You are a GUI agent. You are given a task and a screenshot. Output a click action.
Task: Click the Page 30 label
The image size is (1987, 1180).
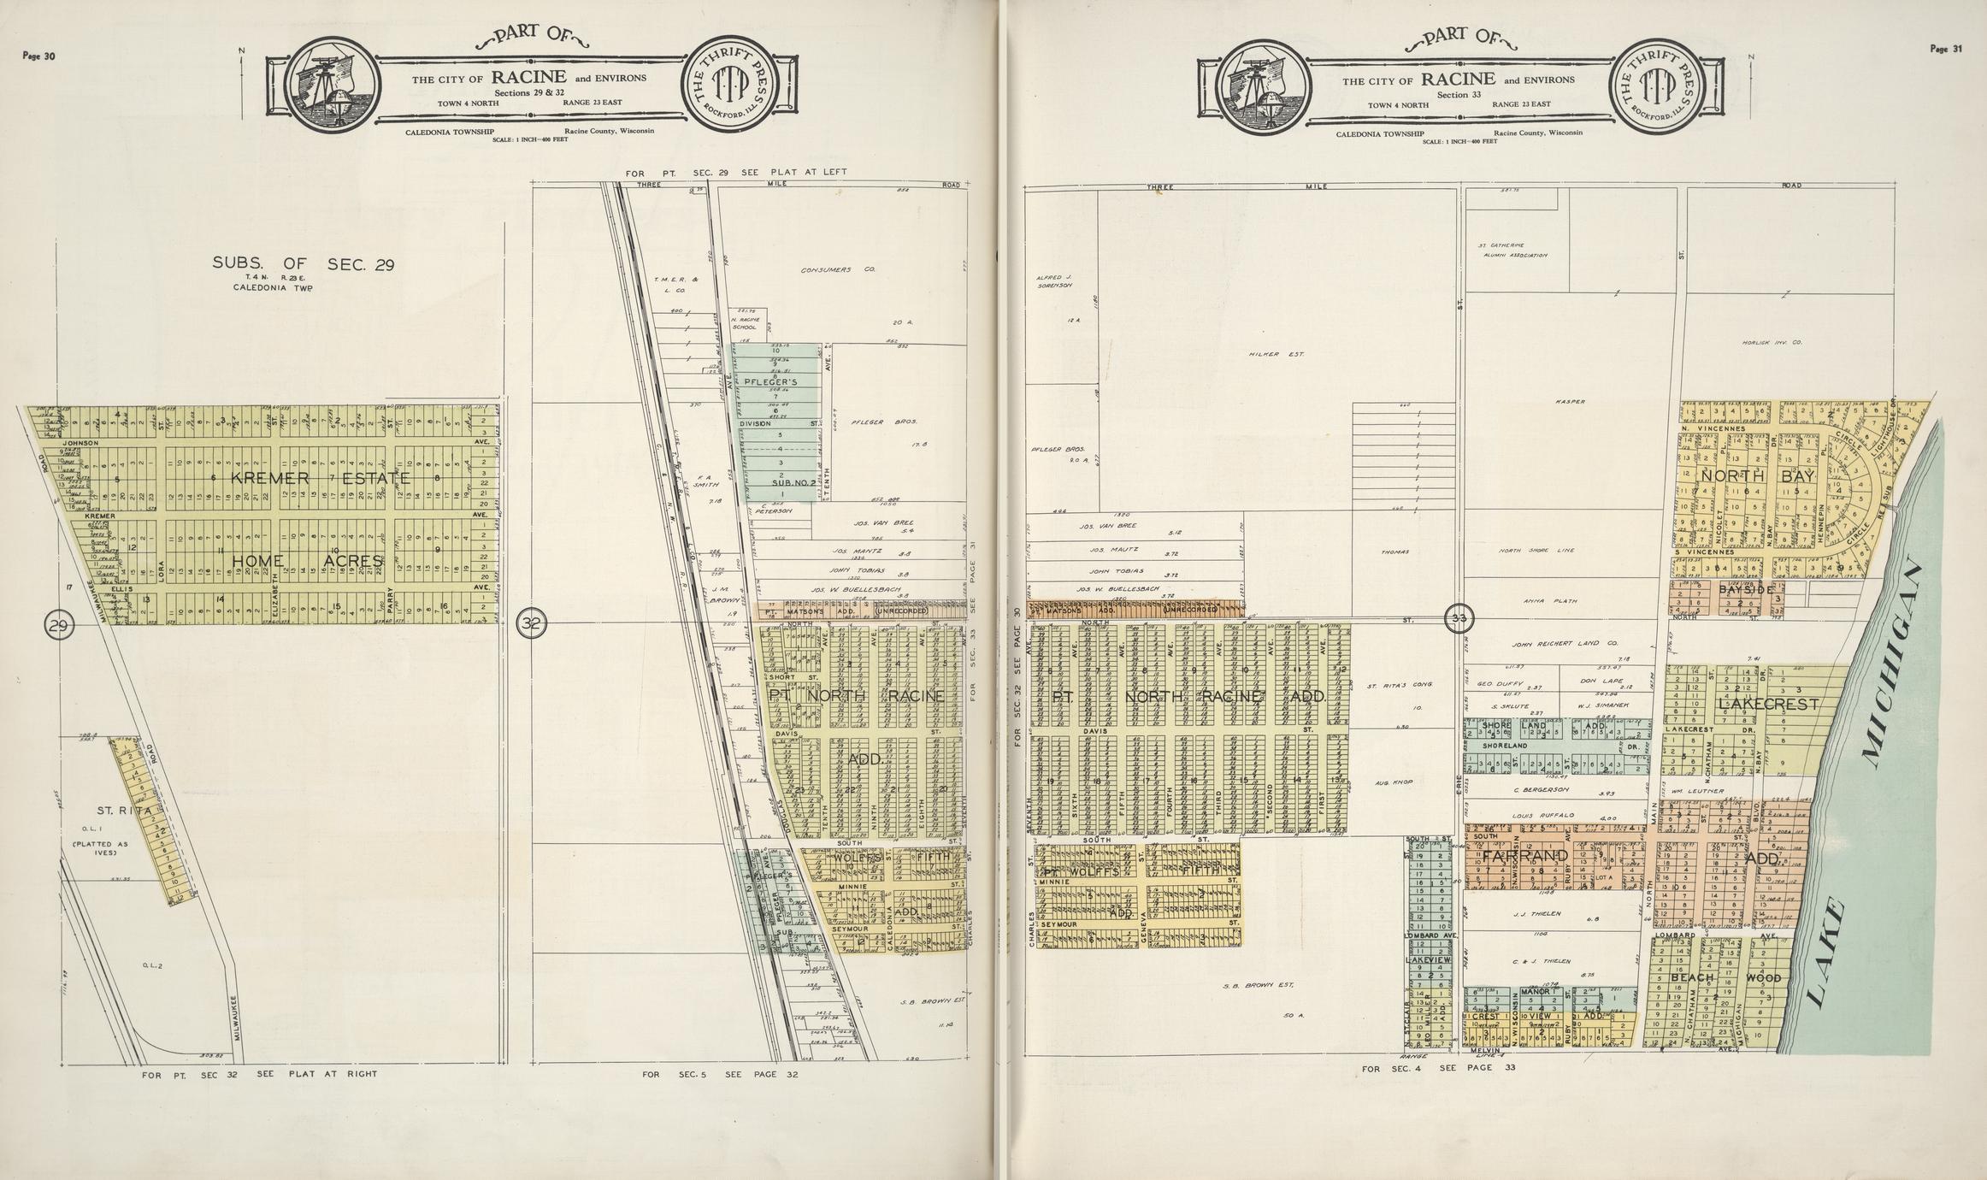tap(38, 57)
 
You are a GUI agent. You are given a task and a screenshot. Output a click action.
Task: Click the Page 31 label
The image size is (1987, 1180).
tap(1946, 49)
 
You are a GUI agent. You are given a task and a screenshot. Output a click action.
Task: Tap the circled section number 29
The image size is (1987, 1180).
tap(59, 624)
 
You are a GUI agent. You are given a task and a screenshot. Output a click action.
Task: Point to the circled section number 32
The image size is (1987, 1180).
tap(533, 624)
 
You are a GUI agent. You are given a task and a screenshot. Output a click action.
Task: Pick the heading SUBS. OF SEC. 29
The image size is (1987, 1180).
tap(303, 264)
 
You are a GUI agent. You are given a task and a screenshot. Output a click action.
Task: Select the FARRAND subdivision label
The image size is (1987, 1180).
tap(1525, 855)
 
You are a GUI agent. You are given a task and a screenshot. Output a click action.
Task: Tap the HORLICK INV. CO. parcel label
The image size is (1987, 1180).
tap(1772, 342)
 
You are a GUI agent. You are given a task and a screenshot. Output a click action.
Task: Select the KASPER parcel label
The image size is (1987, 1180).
tap(1571, 402)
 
